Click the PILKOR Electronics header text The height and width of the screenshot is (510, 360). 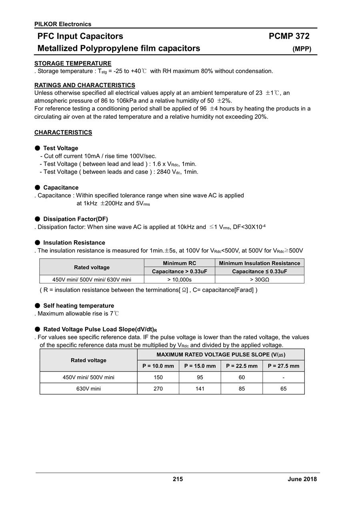63,24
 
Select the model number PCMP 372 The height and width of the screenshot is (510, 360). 289,36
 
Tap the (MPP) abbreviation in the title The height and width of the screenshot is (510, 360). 302,49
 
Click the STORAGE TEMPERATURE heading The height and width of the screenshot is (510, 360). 73,63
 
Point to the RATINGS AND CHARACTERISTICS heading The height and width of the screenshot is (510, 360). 85,85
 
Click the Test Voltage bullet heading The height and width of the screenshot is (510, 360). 60,148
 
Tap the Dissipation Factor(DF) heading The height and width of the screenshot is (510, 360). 75,219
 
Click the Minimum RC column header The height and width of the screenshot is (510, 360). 180,263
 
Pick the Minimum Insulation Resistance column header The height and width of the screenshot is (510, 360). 260,263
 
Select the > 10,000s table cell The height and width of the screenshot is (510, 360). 180,279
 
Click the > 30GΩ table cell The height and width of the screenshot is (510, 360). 260,279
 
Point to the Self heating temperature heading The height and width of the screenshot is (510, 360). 78,306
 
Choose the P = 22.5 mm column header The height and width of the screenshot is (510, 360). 242,366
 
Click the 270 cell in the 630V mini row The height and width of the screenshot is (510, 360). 158,389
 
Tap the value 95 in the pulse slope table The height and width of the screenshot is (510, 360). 200,377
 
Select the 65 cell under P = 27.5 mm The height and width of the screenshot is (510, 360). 283,389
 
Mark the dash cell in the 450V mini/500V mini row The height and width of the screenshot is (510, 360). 283,377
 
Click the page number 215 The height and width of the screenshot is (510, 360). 178,479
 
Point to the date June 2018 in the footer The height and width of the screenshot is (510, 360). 302,479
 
